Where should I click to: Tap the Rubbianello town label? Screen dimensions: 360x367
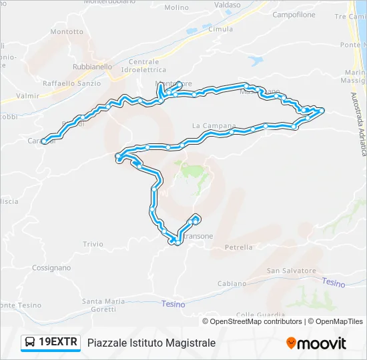pos(93,67)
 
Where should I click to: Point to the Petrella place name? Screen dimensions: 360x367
pos(239,247)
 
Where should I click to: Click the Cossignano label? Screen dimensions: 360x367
pos(51,267)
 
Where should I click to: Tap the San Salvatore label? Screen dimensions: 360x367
pos(292,271)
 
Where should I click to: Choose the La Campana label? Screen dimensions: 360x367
pos(214,125)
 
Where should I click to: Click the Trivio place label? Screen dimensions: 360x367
pos(93,245)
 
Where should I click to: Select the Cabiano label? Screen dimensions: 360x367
pos(232,283)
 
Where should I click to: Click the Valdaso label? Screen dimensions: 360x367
pos(228,5)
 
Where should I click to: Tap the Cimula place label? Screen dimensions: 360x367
pos(221,29)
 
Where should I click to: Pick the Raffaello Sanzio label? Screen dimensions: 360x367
pos(71,83)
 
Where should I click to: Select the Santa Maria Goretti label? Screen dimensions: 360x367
pos(103,305)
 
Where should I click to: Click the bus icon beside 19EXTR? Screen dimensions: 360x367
pos(30,343)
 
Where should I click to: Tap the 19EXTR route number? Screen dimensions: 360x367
pos(59,343)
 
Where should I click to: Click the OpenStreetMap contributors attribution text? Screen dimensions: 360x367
pos(256,321)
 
